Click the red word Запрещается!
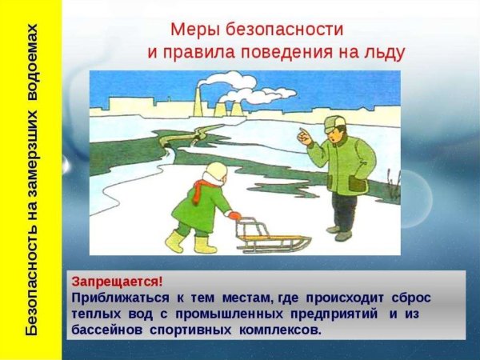[117, 282]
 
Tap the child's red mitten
[234, 215]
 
